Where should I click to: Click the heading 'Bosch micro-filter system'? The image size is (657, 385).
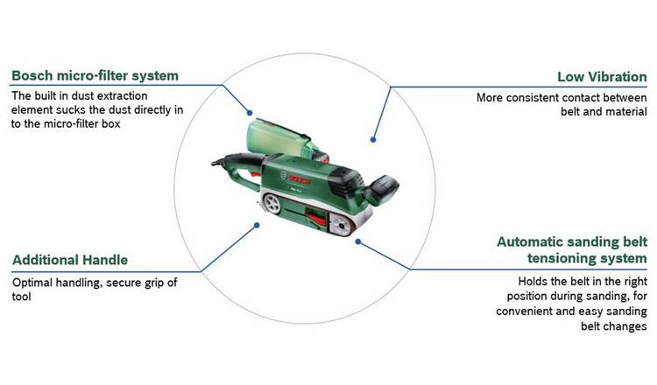[x=95, y=75]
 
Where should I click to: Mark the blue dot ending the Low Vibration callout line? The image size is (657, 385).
[x=373, y=139]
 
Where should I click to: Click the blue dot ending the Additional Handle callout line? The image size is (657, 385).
[x=257, y=226]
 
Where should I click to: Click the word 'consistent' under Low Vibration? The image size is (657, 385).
[x=540, y=97]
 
